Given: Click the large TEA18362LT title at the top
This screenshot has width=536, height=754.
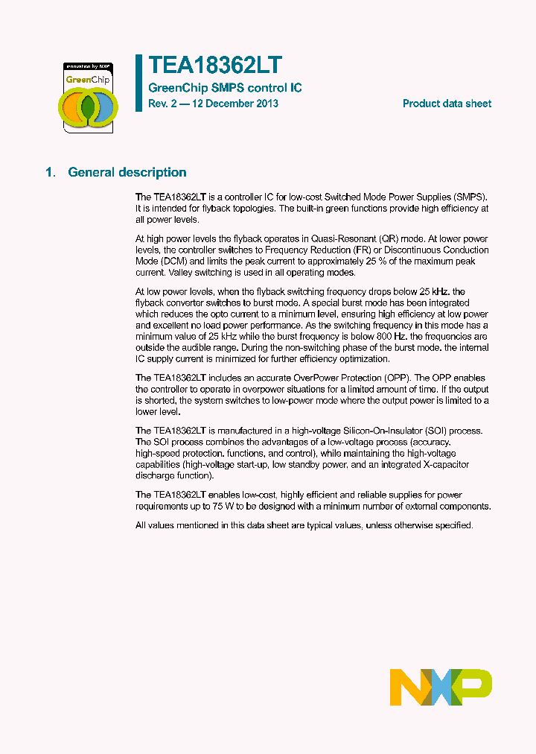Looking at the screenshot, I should (x=215, y=66).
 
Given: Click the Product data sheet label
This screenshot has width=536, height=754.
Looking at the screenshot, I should (x=447, y=104).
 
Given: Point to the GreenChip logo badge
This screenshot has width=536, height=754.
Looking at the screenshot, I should (x=88, y=97).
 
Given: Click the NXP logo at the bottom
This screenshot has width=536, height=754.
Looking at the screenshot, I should (x=441, y=687).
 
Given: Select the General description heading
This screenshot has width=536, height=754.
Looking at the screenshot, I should (x=127, y=172).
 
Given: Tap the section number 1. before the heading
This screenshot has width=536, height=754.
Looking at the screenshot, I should (x=50, y=172).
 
